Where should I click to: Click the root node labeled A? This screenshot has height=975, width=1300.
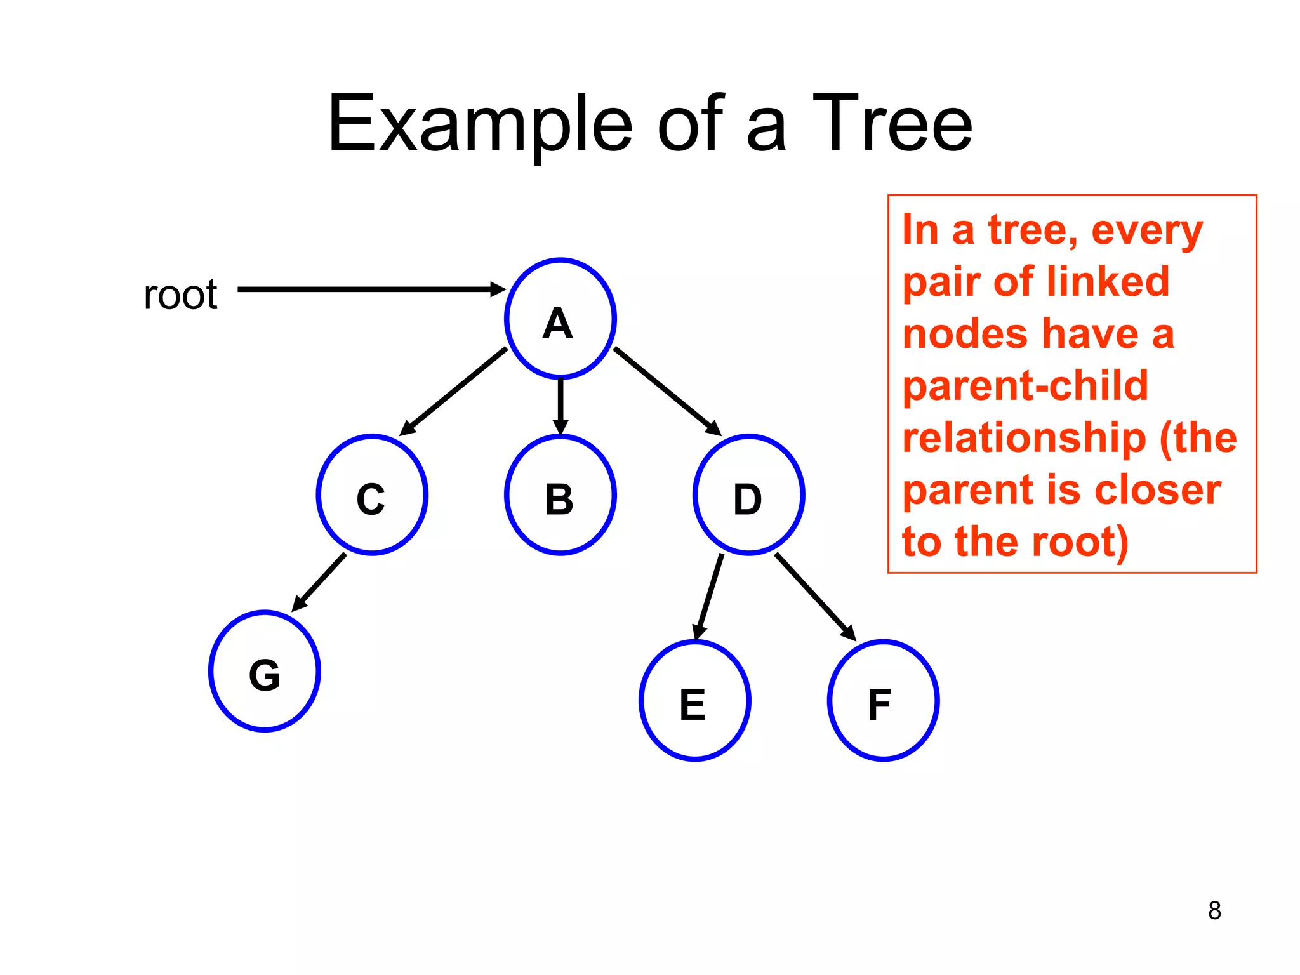[560, 319]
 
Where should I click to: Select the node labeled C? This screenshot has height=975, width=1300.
[372, 495]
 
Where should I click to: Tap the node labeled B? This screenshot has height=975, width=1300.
[560, 495]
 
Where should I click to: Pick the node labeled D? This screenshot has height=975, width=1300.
[748, 495]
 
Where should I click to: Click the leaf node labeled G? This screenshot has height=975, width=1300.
[264, 671]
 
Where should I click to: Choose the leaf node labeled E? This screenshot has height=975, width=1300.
[694, 701]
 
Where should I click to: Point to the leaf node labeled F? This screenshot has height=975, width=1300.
[883, 701]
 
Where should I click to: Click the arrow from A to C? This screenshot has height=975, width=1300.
[454, 391]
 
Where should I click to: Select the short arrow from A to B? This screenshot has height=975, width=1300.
[560, 405]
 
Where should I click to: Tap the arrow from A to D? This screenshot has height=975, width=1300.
[667, 390]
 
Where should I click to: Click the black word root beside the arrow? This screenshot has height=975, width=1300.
[180, 295]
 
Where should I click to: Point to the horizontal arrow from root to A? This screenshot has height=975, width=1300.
[368, 289]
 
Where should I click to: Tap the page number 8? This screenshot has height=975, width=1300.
[1214, 910]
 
